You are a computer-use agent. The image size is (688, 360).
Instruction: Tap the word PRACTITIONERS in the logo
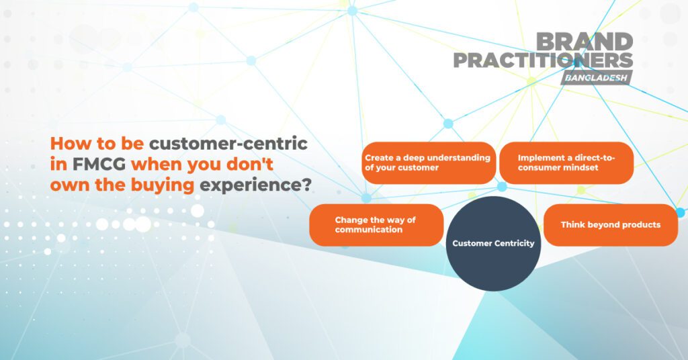coord(543,61)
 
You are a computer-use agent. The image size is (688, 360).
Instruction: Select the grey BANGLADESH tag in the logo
coord(596,78)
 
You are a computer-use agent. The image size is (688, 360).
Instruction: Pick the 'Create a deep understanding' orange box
coord(429,163)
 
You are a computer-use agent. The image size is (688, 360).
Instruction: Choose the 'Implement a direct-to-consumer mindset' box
coord(566,163)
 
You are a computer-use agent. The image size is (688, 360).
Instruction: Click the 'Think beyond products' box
coord(610,225)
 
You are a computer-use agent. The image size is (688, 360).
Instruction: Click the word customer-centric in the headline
coord(228,144)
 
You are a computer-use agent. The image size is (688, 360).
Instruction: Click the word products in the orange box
coord(640,225)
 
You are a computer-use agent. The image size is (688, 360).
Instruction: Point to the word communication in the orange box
coord(369,230)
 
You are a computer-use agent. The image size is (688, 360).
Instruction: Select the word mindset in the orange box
coord(580,167)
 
